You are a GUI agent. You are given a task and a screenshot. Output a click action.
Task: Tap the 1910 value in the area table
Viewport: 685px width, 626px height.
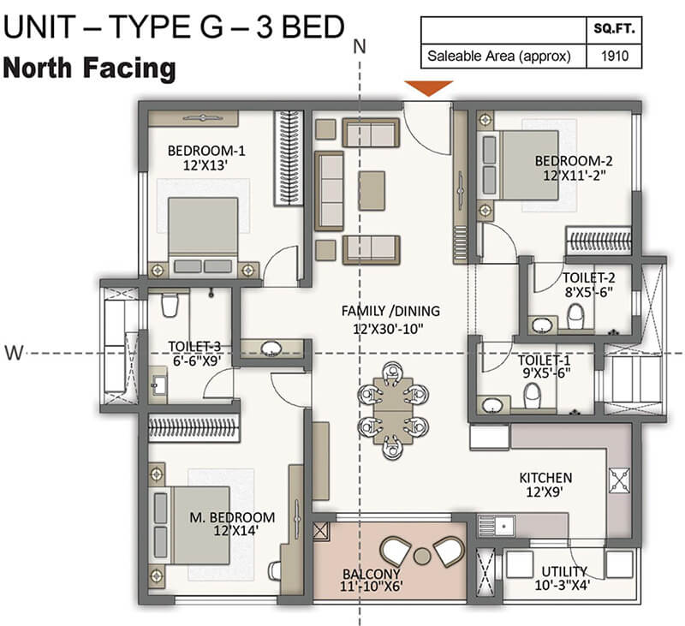615,56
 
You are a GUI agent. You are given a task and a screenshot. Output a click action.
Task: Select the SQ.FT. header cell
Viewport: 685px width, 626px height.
614,29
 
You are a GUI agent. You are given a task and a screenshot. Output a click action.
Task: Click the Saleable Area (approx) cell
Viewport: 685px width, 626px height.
499,56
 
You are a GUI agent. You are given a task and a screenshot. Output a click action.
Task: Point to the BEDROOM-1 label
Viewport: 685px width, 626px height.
206,151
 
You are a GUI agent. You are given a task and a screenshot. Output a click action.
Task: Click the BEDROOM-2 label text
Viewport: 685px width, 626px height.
574,161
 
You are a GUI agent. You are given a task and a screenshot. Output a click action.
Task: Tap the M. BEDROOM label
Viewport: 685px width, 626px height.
232,517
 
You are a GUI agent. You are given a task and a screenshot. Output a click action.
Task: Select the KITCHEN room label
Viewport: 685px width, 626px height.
545,478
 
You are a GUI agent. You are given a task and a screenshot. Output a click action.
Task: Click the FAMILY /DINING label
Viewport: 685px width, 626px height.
390,311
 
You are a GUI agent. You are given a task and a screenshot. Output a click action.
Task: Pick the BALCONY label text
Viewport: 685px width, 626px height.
371,574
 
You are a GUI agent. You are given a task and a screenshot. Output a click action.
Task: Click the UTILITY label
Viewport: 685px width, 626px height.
564,571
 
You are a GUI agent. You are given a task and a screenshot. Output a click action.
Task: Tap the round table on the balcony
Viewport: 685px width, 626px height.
422,556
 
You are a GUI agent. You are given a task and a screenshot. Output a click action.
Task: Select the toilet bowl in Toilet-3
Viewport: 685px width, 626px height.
170,304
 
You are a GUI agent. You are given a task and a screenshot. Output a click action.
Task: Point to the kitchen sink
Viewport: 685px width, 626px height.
497,526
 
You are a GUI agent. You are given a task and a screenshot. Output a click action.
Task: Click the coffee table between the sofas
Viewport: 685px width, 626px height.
372,191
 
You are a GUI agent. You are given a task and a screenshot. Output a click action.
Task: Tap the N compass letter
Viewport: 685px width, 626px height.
360,47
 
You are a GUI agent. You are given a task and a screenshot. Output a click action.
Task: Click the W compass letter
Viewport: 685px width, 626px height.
14,352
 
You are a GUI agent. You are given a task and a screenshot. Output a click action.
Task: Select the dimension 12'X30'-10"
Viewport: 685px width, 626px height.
389,329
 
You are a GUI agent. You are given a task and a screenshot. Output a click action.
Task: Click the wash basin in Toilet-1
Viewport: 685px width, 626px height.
493,405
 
